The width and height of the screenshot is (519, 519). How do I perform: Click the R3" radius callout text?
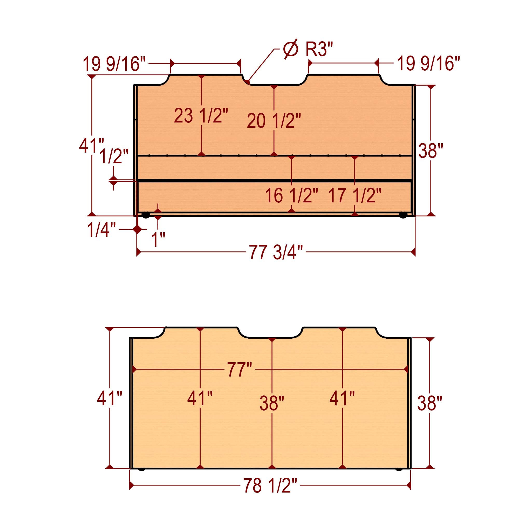319,50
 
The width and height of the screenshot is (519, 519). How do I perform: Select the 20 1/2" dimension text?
274,121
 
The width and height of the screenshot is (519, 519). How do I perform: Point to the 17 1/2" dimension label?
354,196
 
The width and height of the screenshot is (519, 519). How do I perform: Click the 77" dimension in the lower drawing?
240,370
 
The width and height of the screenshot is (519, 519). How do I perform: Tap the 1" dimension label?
158,239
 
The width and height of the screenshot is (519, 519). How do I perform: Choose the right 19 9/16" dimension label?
428,64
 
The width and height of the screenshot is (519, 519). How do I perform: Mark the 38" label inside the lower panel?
272,403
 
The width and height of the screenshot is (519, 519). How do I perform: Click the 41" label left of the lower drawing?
110,398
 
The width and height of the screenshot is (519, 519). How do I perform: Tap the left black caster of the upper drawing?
146,215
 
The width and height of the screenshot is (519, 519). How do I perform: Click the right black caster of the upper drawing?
403,215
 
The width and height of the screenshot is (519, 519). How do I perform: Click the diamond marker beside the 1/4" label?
138,229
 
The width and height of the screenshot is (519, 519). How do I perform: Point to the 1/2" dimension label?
114,156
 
